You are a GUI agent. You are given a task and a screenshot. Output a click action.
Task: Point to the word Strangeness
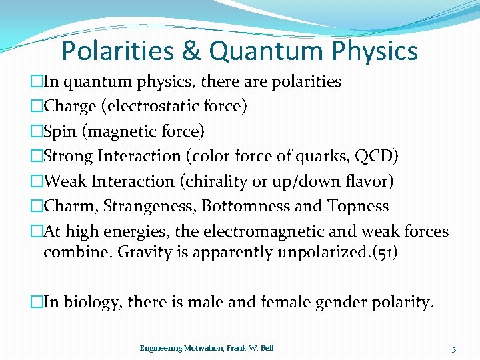[x=143, y=206]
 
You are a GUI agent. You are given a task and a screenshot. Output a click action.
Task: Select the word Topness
[x=358, y=206]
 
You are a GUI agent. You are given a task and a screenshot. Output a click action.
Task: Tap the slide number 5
[x=453, y=349]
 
